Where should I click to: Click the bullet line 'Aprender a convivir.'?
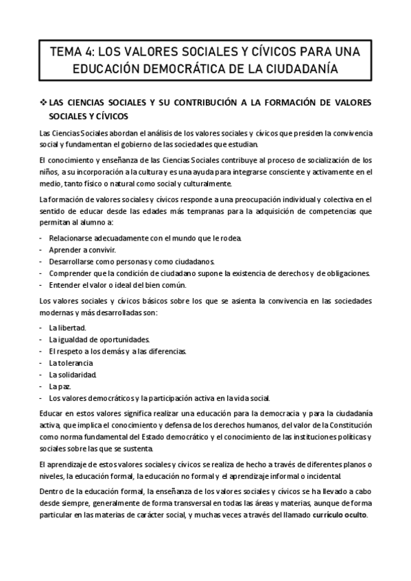point(78,249)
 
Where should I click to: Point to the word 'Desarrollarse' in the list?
point(74,261)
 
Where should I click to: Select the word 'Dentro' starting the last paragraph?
point(52,492)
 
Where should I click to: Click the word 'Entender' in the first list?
point(66,284)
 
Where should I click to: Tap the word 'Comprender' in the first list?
point(71,273)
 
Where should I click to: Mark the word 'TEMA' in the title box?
point(66,52)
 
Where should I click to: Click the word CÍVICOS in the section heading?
point(110,116)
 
